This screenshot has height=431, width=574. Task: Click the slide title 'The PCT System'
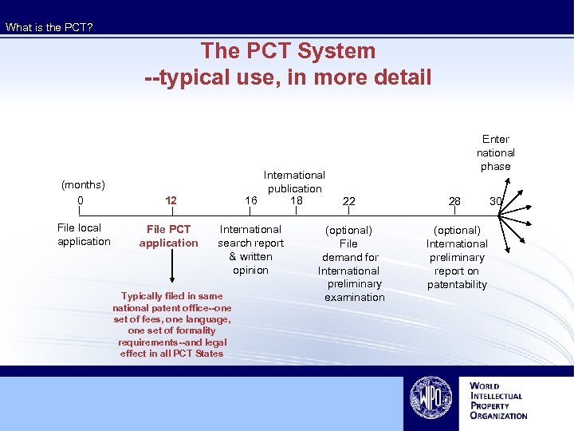[288, 51]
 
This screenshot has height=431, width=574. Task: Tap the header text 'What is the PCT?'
[49, 28]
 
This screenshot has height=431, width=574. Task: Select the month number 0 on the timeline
[80, 200]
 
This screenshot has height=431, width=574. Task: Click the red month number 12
[170, 201]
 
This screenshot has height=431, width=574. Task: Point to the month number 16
[251, 200]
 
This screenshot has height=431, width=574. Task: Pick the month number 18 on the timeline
[297, 200]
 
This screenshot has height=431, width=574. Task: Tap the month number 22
[348, 202]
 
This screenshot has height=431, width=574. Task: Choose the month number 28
[454, 202]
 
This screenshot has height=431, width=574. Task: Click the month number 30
[496, 202]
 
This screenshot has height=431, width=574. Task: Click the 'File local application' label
[84, 235]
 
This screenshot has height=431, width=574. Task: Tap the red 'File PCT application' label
[169, 236]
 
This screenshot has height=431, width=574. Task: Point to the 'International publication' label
[294, 181]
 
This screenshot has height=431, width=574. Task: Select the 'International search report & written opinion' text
[250, 250]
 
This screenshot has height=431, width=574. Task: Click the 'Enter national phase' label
[496, 152]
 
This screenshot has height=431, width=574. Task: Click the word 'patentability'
[457, 284]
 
